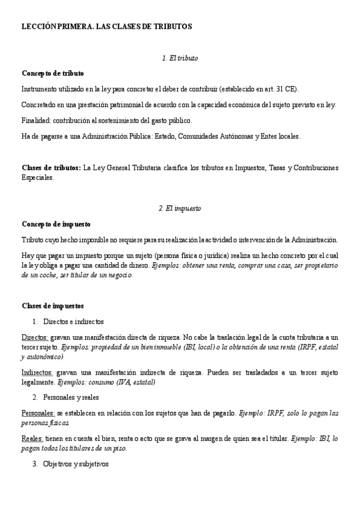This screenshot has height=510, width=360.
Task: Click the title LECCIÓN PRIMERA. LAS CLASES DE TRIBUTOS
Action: [106, 27]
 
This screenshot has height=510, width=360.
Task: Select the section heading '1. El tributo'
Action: [180, 58]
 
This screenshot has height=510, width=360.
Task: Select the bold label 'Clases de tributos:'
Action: [51, 167]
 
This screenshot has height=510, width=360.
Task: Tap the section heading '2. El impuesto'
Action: [180, 208]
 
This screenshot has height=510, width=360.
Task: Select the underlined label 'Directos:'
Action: [35, 338]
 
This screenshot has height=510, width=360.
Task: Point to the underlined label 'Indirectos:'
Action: [37, 373]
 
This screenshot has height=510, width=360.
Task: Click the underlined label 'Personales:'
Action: [38, 414]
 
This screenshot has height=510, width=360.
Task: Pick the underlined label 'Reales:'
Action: [32, 440]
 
